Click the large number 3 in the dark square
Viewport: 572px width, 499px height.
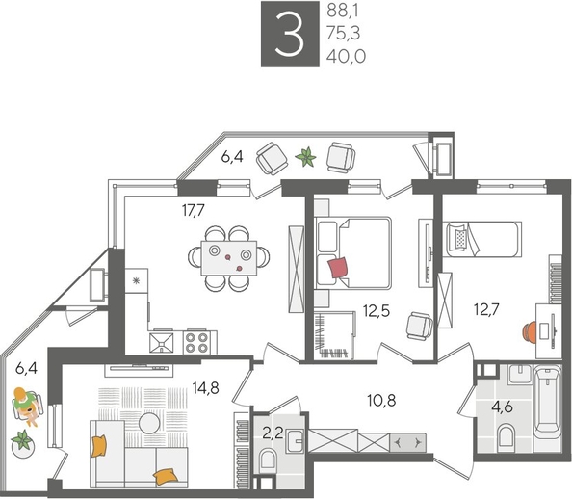click(x=287, y=35)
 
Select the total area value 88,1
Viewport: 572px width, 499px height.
click(x=346, y=12)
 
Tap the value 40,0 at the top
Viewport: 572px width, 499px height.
click(x=346, y=58)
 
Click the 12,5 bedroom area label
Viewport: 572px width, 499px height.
click(x=377, y=310)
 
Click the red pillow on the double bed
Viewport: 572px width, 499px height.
click(x=339, y=267)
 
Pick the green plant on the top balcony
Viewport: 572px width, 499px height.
click(x=306, y=156)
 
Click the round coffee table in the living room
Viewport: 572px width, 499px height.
click(x=148, y=421)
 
